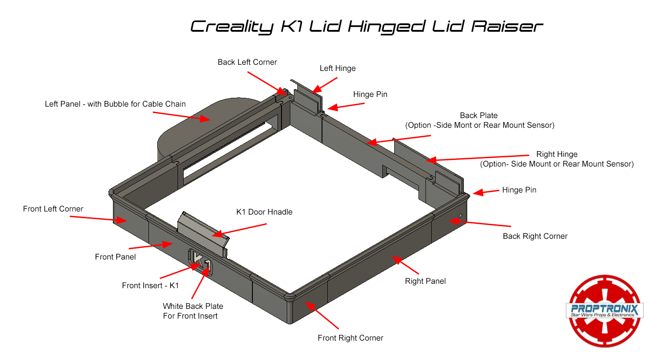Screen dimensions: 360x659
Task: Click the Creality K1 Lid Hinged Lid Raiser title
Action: (x=366, y=26)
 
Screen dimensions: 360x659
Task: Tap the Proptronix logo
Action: (x=604, y=310)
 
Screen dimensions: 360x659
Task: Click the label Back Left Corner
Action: (x=247, y=62)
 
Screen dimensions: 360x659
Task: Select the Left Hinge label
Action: (x=337, y=68)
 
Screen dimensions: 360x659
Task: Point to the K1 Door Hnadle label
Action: (x=264, y=212)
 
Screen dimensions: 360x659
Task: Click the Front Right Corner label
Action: (x=350, y=338)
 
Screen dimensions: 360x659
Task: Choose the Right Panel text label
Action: (x=425, y=281)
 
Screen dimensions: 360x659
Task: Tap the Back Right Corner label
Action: (x=535, y=236)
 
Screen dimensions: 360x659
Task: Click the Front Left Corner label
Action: (x=53, y=209)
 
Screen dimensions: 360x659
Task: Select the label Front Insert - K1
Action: (x=150, y=286)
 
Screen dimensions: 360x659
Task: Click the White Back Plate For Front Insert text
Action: (x=193, y=311)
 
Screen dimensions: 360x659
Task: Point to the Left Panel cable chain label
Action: (x=115, y=104)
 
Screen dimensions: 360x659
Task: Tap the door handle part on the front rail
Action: (x=203, y=231)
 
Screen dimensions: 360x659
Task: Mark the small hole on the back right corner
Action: (x=460, y=215)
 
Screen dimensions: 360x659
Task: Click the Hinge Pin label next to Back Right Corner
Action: (x=519, y=190)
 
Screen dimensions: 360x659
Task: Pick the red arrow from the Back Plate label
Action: (x=399, y=139)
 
